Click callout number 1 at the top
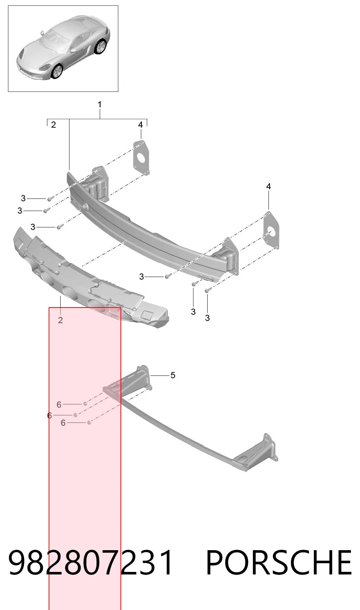point(99,104)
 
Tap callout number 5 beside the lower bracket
point(173,375)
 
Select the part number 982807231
point(91,562)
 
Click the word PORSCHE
point(279,562)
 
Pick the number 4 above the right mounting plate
point(269,186)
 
